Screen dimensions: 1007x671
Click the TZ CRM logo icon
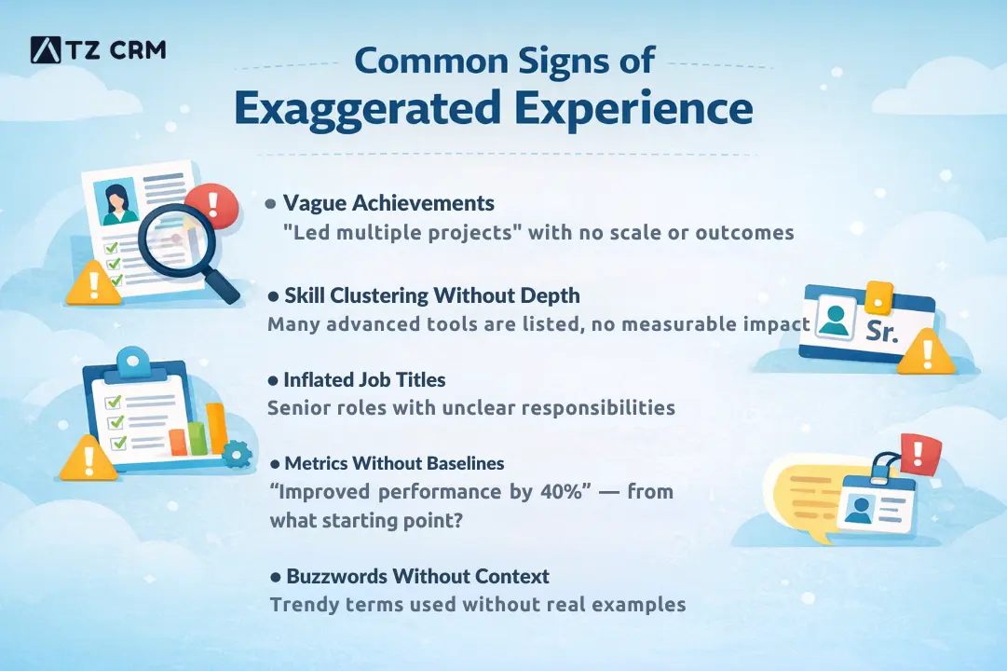pyautogui.click(x=46, y=50)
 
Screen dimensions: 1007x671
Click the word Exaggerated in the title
pyautogui.click(x=367, y=109)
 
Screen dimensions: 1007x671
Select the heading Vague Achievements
pyautogui.click(x=388, y=203)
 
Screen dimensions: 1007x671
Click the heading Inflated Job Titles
pyautogui.click(x=364, y=380)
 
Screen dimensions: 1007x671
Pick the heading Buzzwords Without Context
pyautogui.click(x=417, y=576)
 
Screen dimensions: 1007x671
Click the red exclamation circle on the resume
pyautogui.click(x=212, y=205)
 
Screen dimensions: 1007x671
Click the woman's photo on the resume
pyautogui.click(x=116, y=201)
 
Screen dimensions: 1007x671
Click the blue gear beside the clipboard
pyautogui.click(x=237, y=454)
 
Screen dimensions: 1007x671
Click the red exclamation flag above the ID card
pyautogui.click(x=920, y=454)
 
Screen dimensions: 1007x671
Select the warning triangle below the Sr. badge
pyautogui.click(x=926, y=353)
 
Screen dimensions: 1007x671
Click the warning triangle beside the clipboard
pyautogui.click(x=88, y=459)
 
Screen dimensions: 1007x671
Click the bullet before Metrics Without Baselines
pyautogui.click(x=275, y=464)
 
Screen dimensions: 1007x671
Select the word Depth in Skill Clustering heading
pyautogui.click(x=550, y=295)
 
